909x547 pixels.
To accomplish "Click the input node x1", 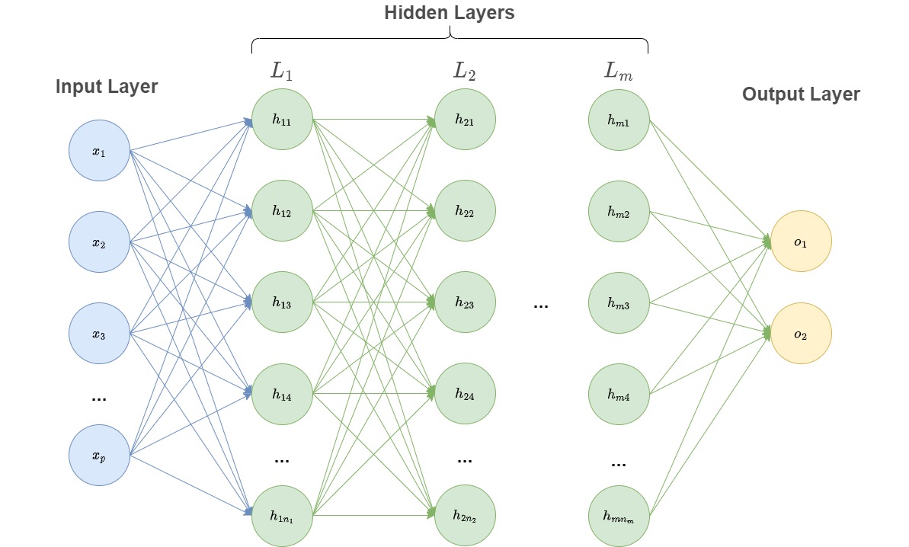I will point(99,151).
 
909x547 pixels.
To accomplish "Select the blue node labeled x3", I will point(99,334).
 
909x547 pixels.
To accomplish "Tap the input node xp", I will point(99,455).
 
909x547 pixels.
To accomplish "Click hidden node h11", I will point(282,120).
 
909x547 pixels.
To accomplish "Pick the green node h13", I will point(282,303).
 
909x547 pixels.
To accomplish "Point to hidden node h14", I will point(282,395).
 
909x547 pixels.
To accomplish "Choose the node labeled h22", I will point(465,212).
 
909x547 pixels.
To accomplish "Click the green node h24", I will point(465,395).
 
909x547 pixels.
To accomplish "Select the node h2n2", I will point(465,517).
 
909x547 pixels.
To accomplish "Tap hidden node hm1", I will point(619,120).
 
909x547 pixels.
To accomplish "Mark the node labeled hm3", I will point(619,303).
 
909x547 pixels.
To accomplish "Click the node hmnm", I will point(619,517).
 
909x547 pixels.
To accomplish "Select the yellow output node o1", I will point(800,242).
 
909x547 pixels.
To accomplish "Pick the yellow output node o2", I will point(800,334).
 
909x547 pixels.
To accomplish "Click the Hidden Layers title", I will point(449,13).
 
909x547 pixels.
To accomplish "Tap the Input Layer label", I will point(107,87).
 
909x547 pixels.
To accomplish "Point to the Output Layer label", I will point(801,94).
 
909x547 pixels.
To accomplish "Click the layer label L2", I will point(464,72).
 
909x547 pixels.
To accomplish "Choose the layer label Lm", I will point(617,72).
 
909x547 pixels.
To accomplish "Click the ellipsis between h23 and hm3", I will point(541,306).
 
